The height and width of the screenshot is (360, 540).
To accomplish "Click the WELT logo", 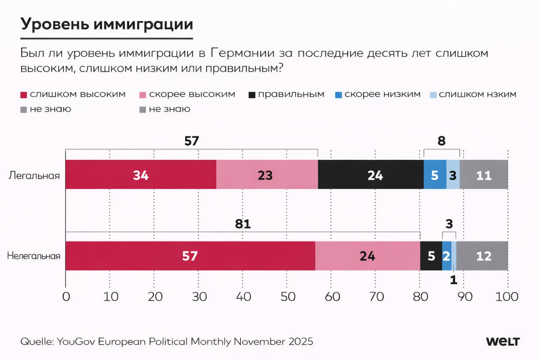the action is pos(502,342).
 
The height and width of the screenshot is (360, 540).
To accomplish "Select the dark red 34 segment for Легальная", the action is pos(141,174).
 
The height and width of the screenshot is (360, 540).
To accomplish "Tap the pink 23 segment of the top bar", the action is pos(267,174).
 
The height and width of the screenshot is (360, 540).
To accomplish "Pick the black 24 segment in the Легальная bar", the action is pos(371,174).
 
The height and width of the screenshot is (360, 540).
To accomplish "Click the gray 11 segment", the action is pos(484,174).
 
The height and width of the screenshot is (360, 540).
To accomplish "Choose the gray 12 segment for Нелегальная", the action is pos(482,256).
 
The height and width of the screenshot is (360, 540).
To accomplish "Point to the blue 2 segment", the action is pos(447,256).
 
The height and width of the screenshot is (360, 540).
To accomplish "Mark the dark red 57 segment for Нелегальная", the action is pos(190,256).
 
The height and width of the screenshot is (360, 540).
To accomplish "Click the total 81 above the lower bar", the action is pos(243,224).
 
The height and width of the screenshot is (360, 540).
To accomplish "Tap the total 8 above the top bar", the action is pos(441,141).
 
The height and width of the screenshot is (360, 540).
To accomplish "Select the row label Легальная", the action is pos(34,176).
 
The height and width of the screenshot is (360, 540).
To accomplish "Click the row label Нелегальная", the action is pos(34,256).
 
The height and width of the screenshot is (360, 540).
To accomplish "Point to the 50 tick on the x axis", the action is pos(288,297).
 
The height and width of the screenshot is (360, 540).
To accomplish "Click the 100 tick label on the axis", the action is pos(507,297).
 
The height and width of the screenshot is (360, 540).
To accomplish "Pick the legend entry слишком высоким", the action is pos(73,94).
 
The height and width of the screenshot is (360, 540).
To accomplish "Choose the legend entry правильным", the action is pos(286,94).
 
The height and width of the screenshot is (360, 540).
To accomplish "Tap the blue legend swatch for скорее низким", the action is pos(338,95).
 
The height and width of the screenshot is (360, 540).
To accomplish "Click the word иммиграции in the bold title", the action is pos(143,24).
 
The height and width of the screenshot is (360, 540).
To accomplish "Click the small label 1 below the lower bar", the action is pos(454,280).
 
